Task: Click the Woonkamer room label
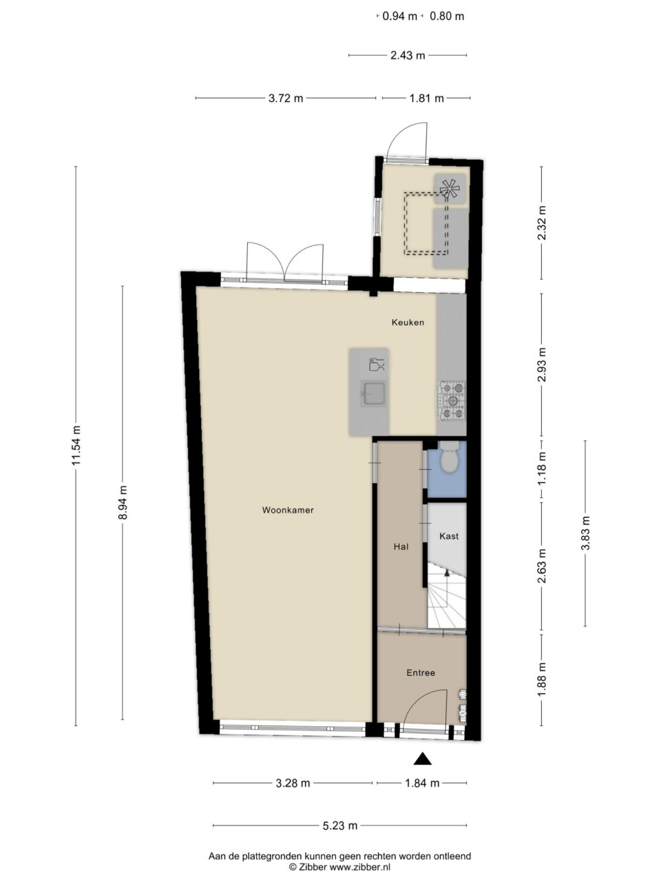click(x=288, y=510)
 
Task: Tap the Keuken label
click(x=408, y=322)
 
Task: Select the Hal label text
click(x=401, y=546)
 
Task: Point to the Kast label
click(x=449, y=536)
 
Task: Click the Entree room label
click(x=421, y=673)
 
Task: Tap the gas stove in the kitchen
click(x=452, y=400)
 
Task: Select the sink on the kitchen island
click(x=374, y=393)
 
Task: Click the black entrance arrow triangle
click(x=423, y=759)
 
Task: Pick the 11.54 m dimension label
click(x=76, y=445)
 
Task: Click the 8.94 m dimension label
click(x=123, y=502)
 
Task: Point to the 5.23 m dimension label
click(x=340, y=825)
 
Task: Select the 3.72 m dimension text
click(x=286, y=98)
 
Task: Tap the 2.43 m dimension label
click(x=408, y=55)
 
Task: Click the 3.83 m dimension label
click(x=585, y=533)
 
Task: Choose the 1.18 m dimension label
click(x=542, y=468)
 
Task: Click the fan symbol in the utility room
click(x=450, y=188)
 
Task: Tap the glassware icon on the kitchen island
click(x=377, y=364)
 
